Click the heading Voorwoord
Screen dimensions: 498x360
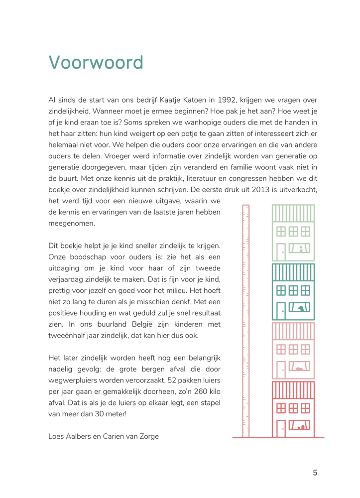tap(96, 63)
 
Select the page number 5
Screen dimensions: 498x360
tap(315, 473)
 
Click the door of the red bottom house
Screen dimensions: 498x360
tap(281, 428)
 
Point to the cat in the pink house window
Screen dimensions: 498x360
tap(300, 369)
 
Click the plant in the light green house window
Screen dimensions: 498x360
tap(301, 249)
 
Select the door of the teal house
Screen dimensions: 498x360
tap(281, 311)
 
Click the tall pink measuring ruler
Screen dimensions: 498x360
tap(245, 319)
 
